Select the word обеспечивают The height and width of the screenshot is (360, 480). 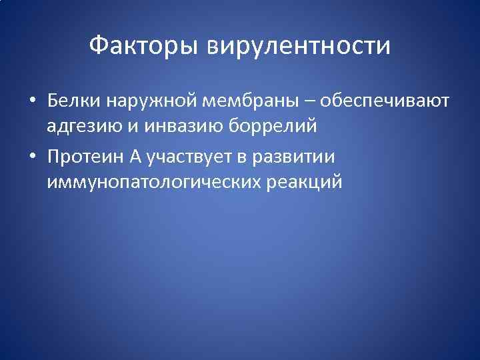(385, 101)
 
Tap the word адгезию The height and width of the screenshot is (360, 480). (82, 125)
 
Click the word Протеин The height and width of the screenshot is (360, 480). (83, 157)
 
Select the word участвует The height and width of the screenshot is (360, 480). (189, 157)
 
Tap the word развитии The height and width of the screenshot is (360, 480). (302, 157)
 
